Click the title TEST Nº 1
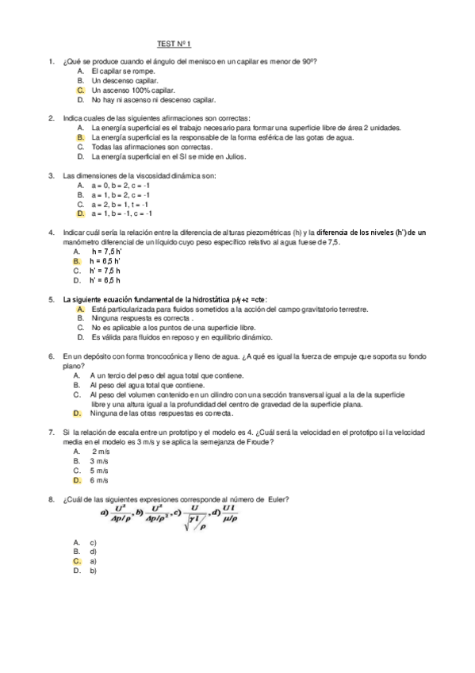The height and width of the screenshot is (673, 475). [174, 45]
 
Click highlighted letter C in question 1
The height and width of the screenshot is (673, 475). [81, 90]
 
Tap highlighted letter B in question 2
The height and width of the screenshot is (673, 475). [81, 137]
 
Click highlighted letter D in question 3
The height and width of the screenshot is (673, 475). [81, 213]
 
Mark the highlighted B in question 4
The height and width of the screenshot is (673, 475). [77, 260]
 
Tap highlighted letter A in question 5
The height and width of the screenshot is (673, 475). [81, 308]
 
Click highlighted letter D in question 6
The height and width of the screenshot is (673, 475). [77, 413]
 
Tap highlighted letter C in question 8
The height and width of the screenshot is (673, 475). [77, 560]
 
